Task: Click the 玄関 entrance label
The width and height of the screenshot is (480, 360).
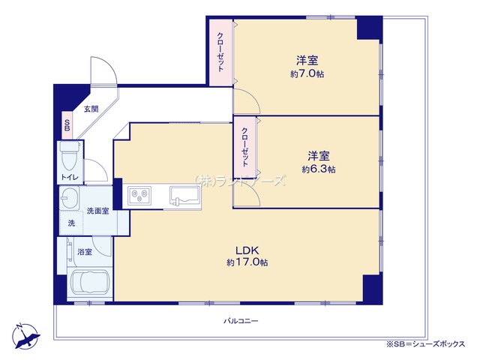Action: pos(91,109)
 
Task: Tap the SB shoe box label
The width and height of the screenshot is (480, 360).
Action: pos(67,124)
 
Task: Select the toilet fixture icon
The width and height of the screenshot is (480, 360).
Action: pos(69,158)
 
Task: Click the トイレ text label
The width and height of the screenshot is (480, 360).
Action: pos(70,177)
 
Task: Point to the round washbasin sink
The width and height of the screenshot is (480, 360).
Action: pos(70,199)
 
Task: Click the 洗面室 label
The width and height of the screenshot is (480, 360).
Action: pos(97,211)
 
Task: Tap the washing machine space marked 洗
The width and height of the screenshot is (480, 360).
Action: pos(72,223)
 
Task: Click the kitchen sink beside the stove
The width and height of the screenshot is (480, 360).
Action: pos(185,197)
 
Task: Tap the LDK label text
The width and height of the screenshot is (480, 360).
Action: pos(247,251)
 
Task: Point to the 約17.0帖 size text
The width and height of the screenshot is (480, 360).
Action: pos(247,262)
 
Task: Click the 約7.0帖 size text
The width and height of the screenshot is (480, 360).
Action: pos(307,74)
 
